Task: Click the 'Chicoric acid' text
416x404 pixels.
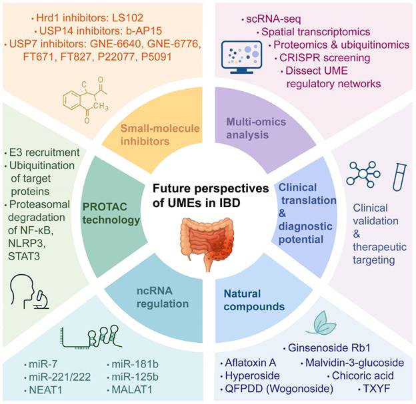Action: click(x=360, y=375)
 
